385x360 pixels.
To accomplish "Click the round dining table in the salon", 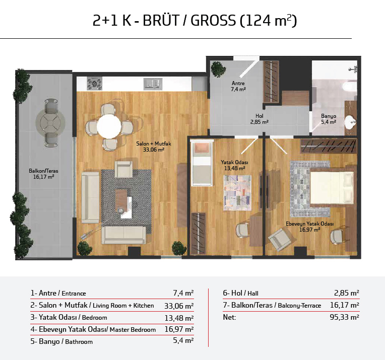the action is coord(109,126).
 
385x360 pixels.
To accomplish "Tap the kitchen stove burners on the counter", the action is coord(95,84).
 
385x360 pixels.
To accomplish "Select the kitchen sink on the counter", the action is coord(153,84).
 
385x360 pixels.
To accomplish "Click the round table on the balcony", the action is coord(50,123).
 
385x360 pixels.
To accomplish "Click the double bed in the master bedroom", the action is coord(332,188).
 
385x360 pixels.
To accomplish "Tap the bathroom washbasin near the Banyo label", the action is coord(350,122).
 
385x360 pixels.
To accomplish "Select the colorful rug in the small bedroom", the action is coord(237,193).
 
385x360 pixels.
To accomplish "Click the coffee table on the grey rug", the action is coord(121,199).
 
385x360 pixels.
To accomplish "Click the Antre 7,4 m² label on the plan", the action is coord(238,86).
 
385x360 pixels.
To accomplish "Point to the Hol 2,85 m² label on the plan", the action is coord(260,119).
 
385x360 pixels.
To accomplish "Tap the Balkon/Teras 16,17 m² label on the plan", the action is coord(43,174).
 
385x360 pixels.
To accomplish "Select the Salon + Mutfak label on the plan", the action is coord(154,144).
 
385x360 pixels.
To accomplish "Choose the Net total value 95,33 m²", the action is coord(344,317).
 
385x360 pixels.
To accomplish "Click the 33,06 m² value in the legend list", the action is coord(179,306).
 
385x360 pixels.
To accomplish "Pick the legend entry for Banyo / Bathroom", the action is coord(61,341).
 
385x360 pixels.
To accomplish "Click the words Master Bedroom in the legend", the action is coord(133,330).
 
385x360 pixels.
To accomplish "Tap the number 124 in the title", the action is coord(258,20).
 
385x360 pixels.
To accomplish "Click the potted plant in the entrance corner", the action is coord(218,68).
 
